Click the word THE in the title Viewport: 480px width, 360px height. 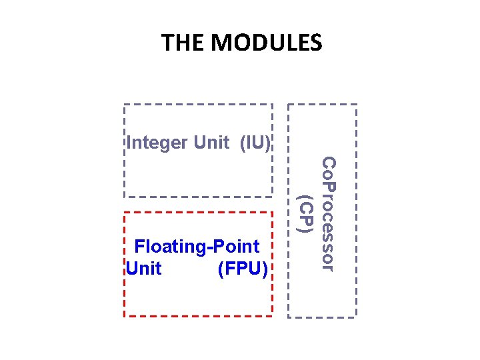[183, 43]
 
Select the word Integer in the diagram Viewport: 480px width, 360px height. [157, 142]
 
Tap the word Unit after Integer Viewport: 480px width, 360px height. [212, 142]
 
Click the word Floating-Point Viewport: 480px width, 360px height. [197, 247]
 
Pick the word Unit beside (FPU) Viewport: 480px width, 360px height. [143, 268]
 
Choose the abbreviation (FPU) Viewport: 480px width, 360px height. [243, 268]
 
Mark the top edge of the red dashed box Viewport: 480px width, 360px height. [198, 212]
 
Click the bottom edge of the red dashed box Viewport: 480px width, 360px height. [198, 315]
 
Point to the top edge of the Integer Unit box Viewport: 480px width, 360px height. [198, 105]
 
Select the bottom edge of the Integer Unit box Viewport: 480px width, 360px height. [198, 196]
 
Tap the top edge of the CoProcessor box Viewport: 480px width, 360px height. [323, 105]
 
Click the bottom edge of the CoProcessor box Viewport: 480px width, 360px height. [323, 316]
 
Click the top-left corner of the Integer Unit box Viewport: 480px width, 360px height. [125, 105]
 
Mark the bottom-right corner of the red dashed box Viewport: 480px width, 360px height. [272, 315]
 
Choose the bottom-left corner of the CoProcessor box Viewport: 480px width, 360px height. [289, 316]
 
